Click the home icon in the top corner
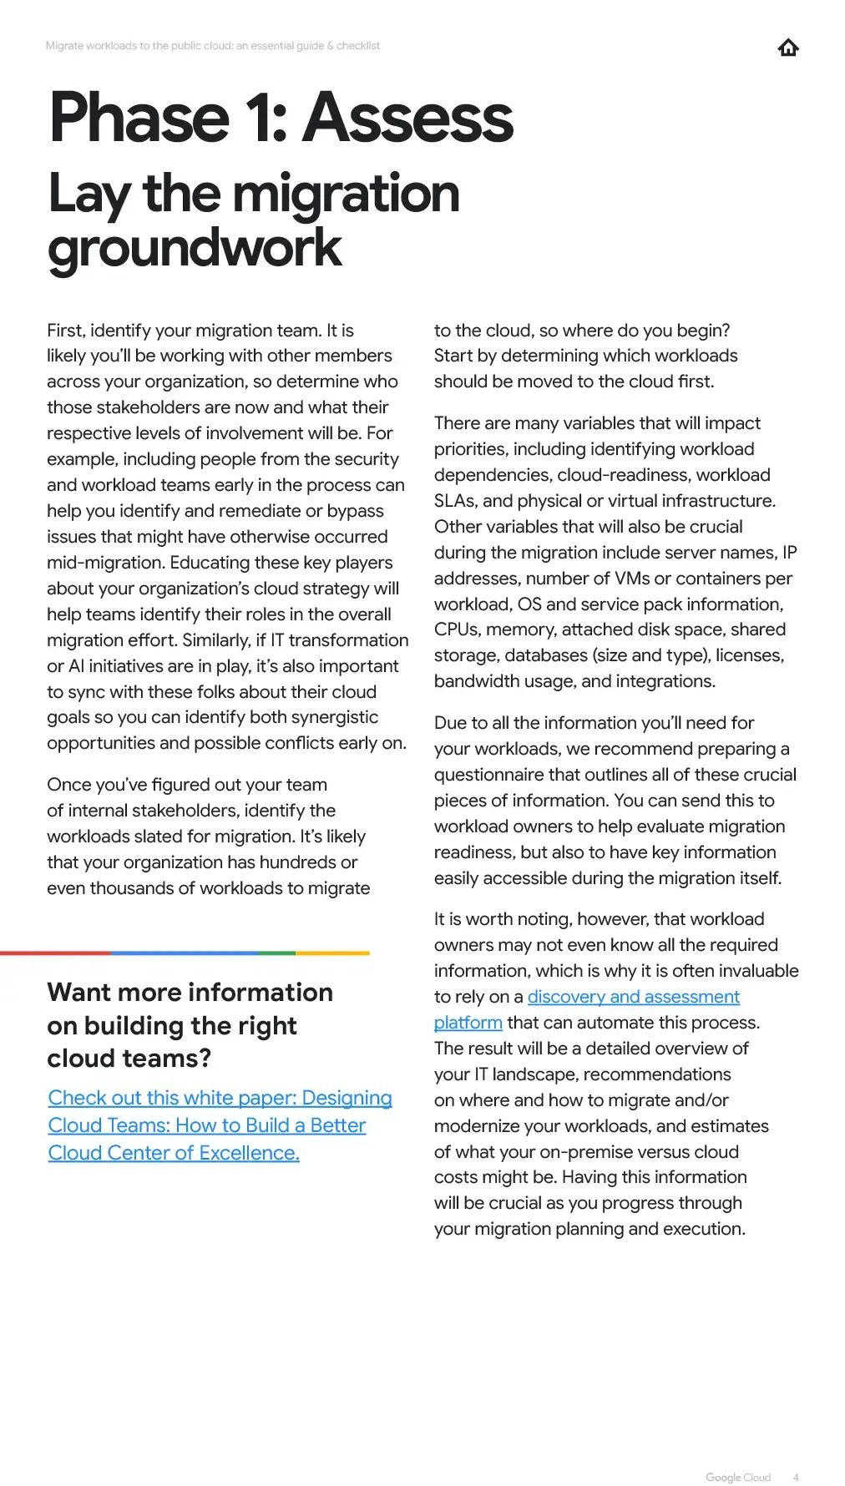click(x=787, y=48)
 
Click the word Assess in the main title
click(x=407, y=119)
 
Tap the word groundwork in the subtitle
click(x=195, y=248)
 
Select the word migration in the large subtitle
click(x=346, y=194)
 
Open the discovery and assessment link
click(x=633, y=997)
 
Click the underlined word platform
click(x=468, y=1023)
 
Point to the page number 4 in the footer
click(x=796, y=1477)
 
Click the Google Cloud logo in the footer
click(x=738, y=1477)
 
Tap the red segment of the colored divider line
click(x=55, y=953)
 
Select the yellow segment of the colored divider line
click(x=332, y=953)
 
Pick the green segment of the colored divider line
click(x=276, y=953)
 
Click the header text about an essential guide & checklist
click(x=212, y=46)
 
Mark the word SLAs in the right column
click(x=455, y=501)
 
